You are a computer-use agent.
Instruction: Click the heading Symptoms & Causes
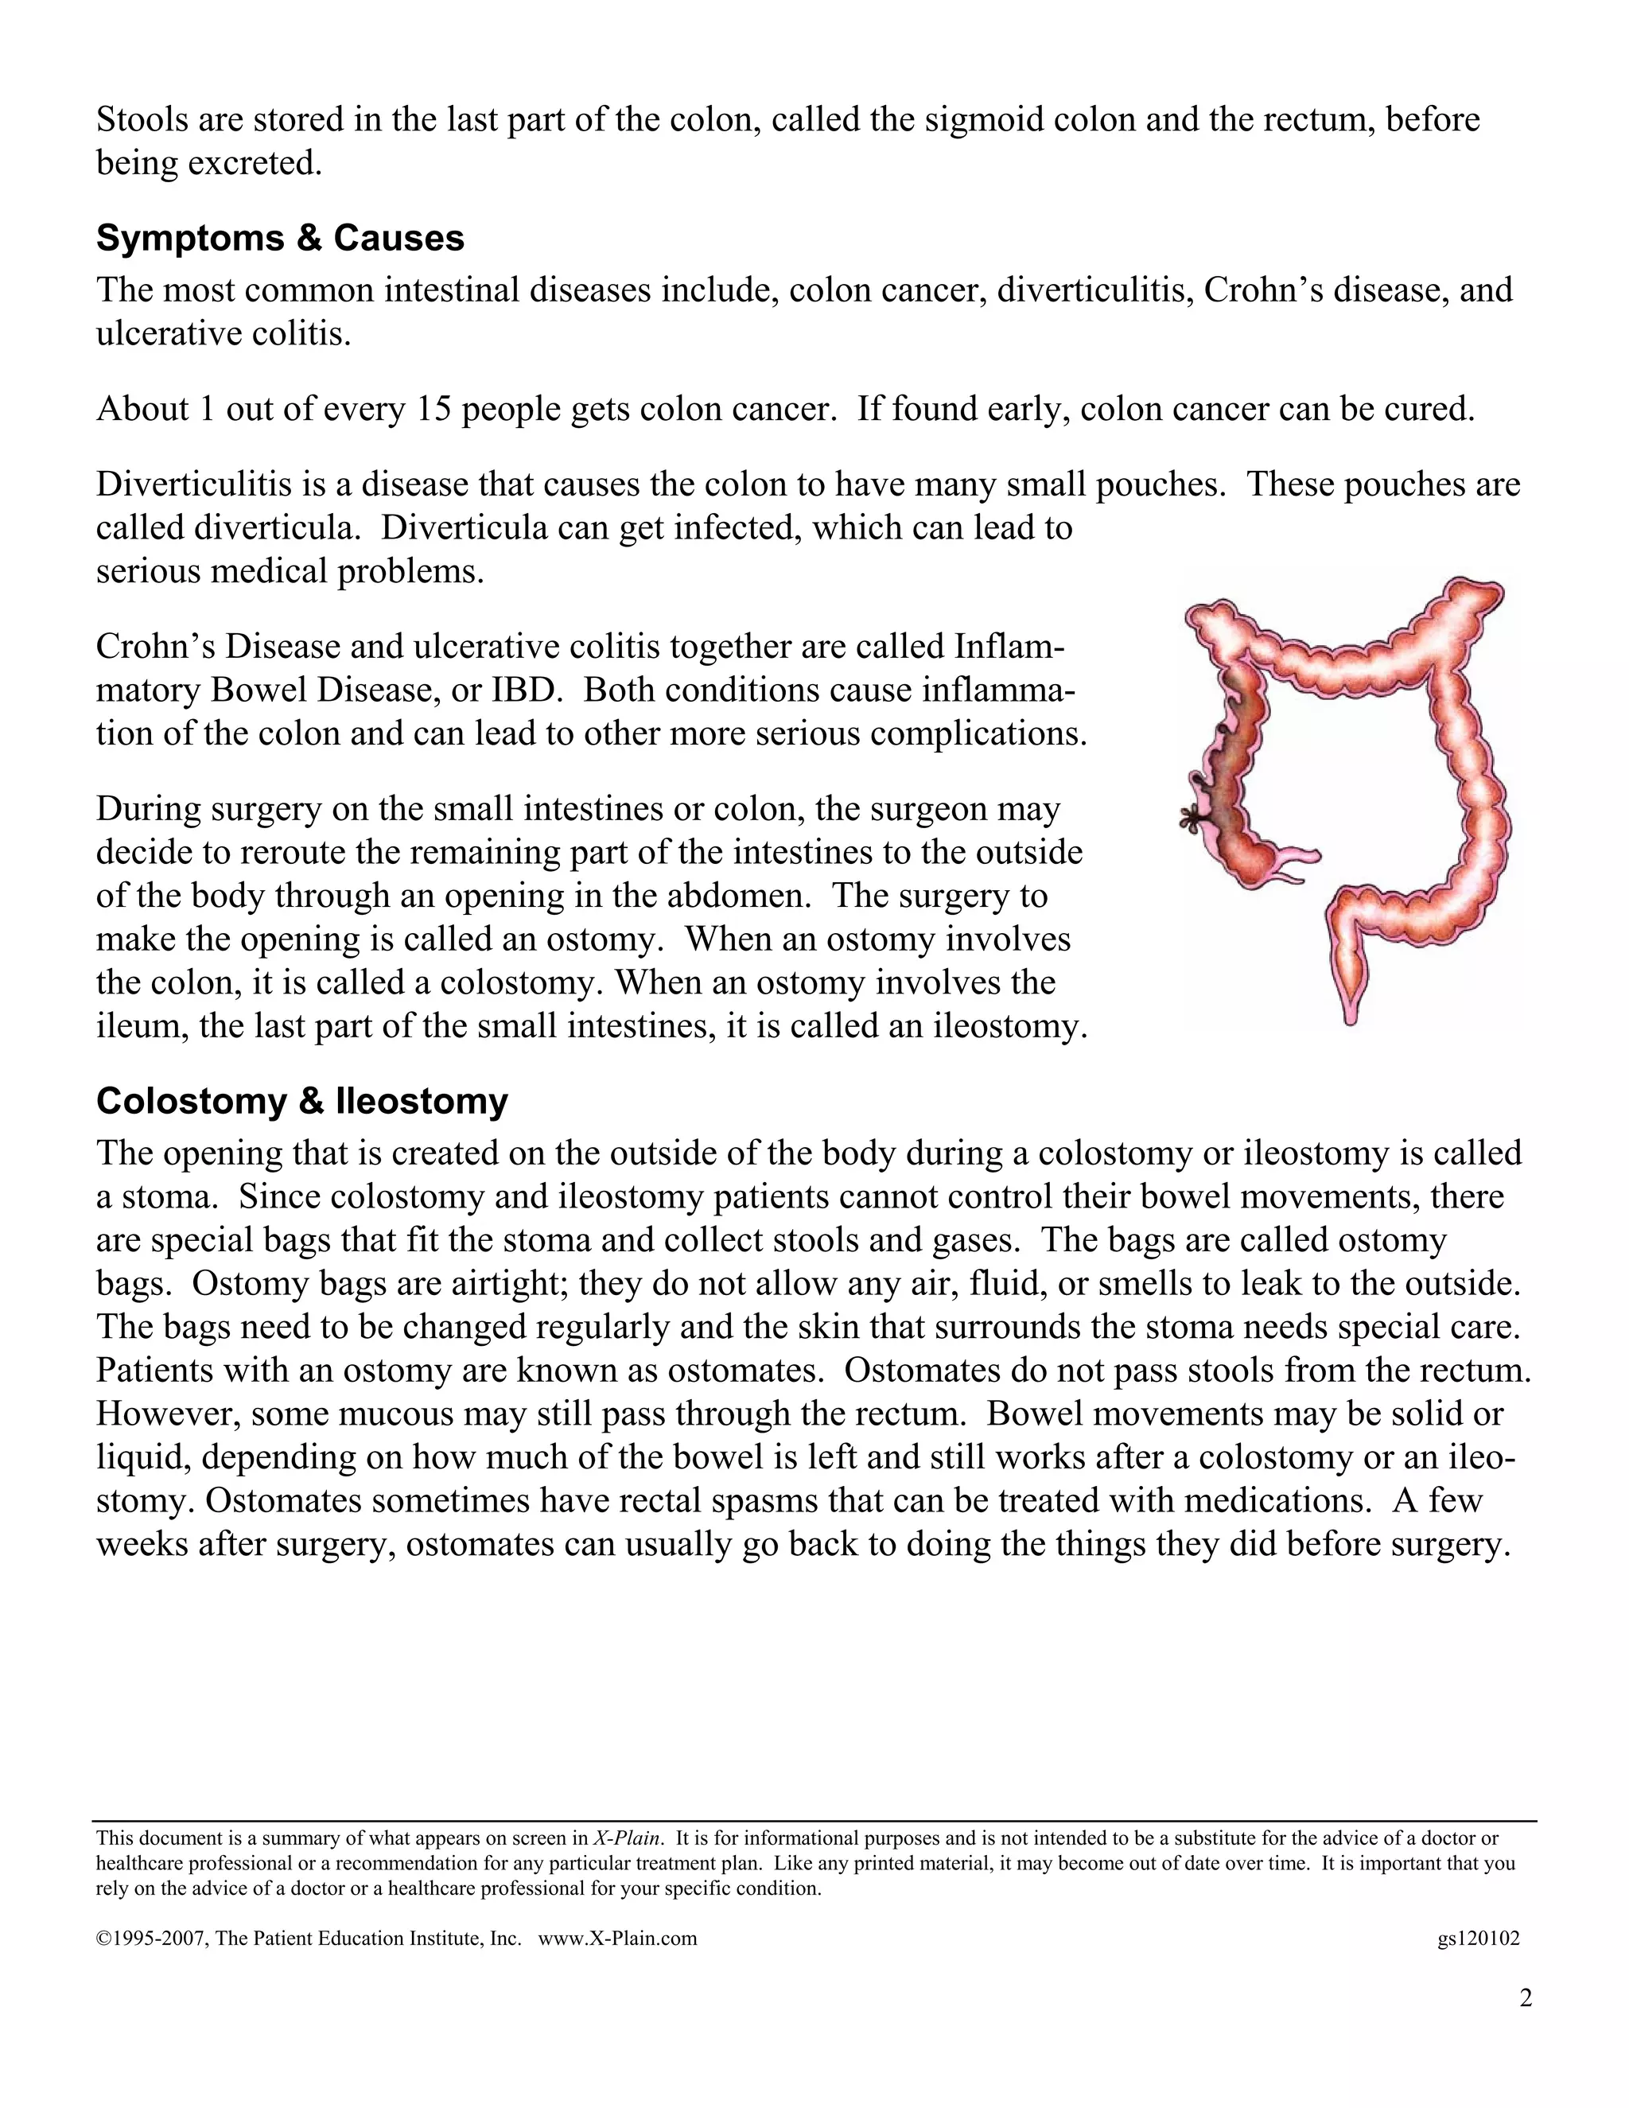[280, 239]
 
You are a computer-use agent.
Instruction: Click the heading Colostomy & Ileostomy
[301, 1101]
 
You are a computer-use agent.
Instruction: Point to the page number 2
[1526, 1998]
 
